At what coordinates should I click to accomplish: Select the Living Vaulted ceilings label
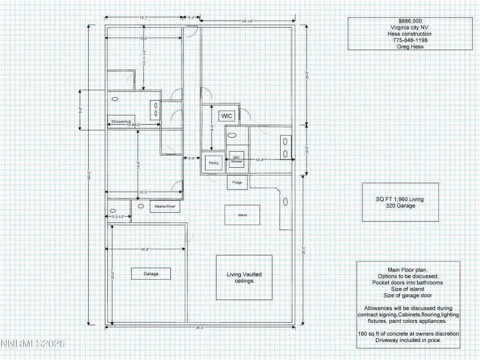tap(244, 278)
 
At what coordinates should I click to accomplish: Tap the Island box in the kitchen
tap(242, 215)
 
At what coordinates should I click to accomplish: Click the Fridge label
tap(237, 183)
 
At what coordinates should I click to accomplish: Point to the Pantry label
tap(214, 163)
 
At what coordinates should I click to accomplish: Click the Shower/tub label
tap(120, 122)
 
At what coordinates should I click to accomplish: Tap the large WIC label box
tap(226, 116)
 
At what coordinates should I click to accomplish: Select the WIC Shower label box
tap(236, 159)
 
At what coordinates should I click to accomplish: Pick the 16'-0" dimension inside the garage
tap(145, 249)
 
